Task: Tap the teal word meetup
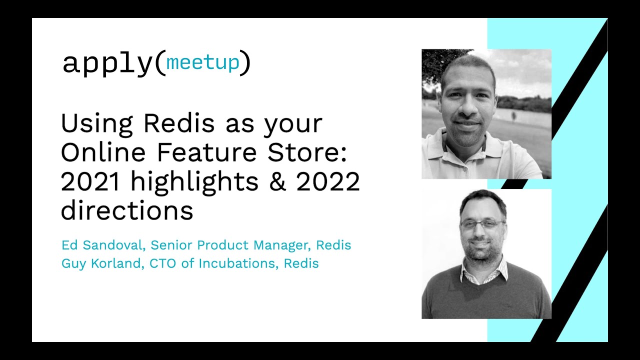202,62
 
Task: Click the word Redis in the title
179,123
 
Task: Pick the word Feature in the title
207,152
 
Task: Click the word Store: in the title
307,152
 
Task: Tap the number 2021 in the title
90,182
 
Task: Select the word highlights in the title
194,183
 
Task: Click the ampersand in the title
277,182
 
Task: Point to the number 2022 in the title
328,182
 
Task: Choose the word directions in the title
127,210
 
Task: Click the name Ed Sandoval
101,245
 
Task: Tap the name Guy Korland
101,263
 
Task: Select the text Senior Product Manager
229,245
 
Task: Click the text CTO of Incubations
212,263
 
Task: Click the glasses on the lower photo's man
483,223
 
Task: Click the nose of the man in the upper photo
467,107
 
